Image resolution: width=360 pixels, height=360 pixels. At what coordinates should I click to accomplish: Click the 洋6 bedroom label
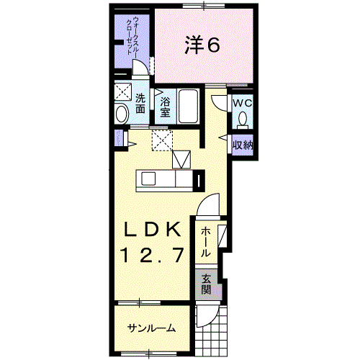(x=202, y=45)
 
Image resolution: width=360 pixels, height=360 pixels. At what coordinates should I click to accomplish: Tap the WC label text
(x=243, y=103)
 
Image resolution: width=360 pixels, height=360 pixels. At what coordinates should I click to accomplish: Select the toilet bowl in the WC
(x=243, y=119)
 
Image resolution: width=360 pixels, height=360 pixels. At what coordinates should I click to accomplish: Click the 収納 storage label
(x=243, y=145)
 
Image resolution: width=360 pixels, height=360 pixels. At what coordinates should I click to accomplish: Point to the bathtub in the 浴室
(x=189, y=107)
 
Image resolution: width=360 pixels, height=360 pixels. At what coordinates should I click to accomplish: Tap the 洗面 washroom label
(x=140, y=103)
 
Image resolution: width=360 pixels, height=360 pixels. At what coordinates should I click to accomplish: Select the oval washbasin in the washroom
(x=122, y=114)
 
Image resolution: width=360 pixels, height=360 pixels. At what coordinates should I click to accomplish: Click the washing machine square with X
(x=123, y=91)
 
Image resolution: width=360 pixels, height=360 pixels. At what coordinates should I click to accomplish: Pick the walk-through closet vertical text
(x=132, y=35)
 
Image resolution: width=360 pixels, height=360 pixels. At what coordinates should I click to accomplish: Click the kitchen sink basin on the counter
(x=148, y=179)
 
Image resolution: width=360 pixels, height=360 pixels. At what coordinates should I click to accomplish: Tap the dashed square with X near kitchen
(x=162, y=140)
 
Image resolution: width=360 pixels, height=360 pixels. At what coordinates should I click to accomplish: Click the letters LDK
(x=152, y=230)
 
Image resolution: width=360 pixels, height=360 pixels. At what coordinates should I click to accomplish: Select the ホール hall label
(x=205, y=242)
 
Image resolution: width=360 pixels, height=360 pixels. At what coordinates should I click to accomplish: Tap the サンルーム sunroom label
(x=151, y=328)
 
